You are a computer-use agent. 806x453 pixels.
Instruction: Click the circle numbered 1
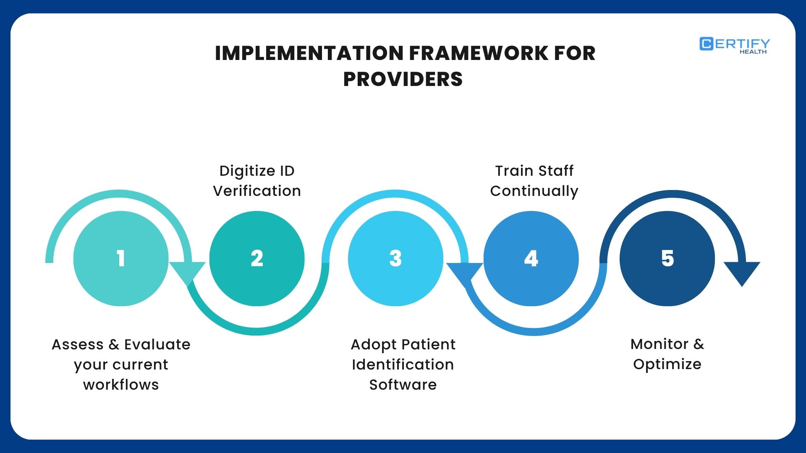[121, 258]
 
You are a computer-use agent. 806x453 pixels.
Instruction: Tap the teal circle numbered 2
[256, 258]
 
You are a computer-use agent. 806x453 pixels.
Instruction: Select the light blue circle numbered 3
[395, 258]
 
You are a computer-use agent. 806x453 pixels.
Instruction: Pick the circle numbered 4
[531, 258]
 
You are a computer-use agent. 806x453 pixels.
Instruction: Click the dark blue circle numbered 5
[667, 258]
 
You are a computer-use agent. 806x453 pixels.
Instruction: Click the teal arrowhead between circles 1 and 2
[187, 272]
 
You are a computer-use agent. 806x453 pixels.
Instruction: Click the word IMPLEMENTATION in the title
[309, 53]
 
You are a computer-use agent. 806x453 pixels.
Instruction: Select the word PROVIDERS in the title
[403, 79]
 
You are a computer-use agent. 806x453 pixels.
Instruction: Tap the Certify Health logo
[735, 45]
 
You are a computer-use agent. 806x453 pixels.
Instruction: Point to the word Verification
[257, 191]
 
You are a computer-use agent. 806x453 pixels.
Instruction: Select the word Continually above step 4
[534, 191]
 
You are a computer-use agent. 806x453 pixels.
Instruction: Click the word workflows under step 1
[121, 385]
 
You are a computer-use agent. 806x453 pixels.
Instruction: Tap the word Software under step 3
[403, 385]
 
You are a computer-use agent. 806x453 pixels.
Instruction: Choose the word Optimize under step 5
[667, 364]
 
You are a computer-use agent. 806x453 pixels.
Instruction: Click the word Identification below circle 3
[403, 364]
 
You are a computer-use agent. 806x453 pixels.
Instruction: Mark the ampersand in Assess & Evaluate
[114, 345]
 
